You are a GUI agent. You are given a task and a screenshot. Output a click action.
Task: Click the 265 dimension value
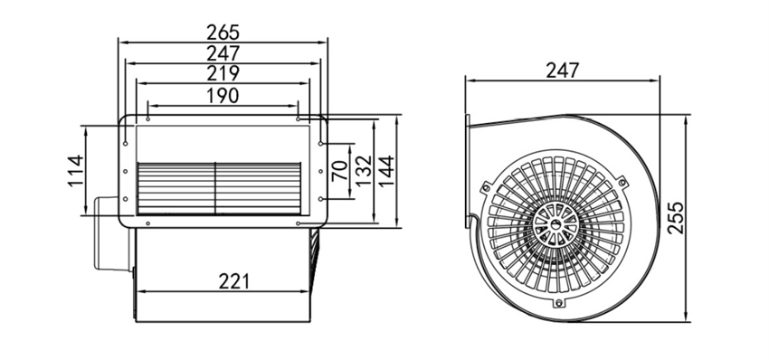point(224,31)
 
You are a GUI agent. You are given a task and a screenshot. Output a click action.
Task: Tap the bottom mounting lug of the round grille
point(560,303)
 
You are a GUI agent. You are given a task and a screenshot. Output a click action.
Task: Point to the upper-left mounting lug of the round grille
point(486,187)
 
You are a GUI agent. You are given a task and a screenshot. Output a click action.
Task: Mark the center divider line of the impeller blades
point(214,189)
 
